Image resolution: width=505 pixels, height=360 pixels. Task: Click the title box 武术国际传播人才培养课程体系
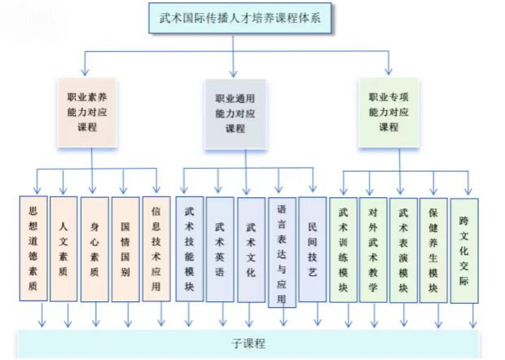tap(240, 18)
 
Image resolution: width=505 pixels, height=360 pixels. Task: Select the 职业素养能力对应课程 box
tap(87, 112)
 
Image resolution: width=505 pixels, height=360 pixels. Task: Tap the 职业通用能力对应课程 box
tap(235, 114)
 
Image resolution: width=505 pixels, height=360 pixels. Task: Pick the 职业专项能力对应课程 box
tap(389, 112)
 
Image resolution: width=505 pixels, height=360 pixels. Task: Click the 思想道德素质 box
tap(33, 248)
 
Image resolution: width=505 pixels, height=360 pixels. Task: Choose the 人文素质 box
tap(64, 249)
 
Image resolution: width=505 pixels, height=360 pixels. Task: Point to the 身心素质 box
tap(94, 249)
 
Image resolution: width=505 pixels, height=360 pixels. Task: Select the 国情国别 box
tap(125, 249)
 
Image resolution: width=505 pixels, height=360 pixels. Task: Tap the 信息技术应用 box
tap(156, 249)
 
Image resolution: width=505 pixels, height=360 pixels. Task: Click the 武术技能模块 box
tap(189, 249)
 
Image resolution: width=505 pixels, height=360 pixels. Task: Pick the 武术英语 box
tap(220, 249)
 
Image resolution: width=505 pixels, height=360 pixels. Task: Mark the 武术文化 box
tap(251, 249)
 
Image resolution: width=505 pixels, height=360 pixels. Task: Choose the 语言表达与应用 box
tap(282, 252)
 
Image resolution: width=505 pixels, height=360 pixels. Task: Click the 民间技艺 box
tap(313, 249)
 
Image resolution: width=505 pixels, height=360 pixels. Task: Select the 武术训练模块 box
tap(343, 250)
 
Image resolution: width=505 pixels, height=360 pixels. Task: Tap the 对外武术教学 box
tap(373, 250)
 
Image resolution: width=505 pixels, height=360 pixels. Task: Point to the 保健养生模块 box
tap(433, 250)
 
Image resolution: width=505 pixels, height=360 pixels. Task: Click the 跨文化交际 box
tap(464, 251)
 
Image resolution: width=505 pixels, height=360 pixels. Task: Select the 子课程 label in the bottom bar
tap(248, 343)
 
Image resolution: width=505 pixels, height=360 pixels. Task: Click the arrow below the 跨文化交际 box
tap(473, 316)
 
